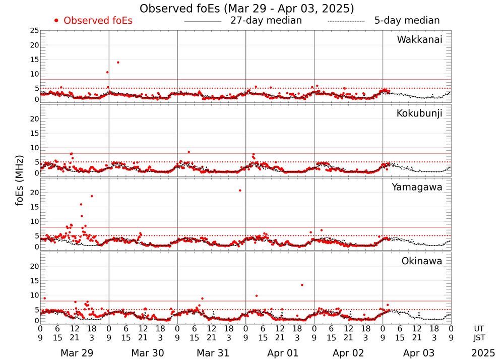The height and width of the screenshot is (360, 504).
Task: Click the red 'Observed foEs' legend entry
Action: [93, 21]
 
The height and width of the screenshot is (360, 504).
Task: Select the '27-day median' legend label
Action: [266, 21]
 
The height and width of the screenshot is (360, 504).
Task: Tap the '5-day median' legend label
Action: [407, 21]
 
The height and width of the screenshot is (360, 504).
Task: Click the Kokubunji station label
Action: [419, 113]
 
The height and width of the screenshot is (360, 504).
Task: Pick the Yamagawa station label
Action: [417, 187]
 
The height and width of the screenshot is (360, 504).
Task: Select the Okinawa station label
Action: [422, 261]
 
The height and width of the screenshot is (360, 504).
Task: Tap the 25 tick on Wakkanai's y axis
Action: [34, 31]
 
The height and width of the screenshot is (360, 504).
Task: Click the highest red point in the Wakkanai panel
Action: [118, 63]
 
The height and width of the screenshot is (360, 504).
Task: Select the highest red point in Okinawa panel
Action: [302, 285]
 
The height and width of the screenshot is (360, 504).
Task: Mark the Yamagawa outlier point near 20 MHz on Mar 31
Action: [240, 190]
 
